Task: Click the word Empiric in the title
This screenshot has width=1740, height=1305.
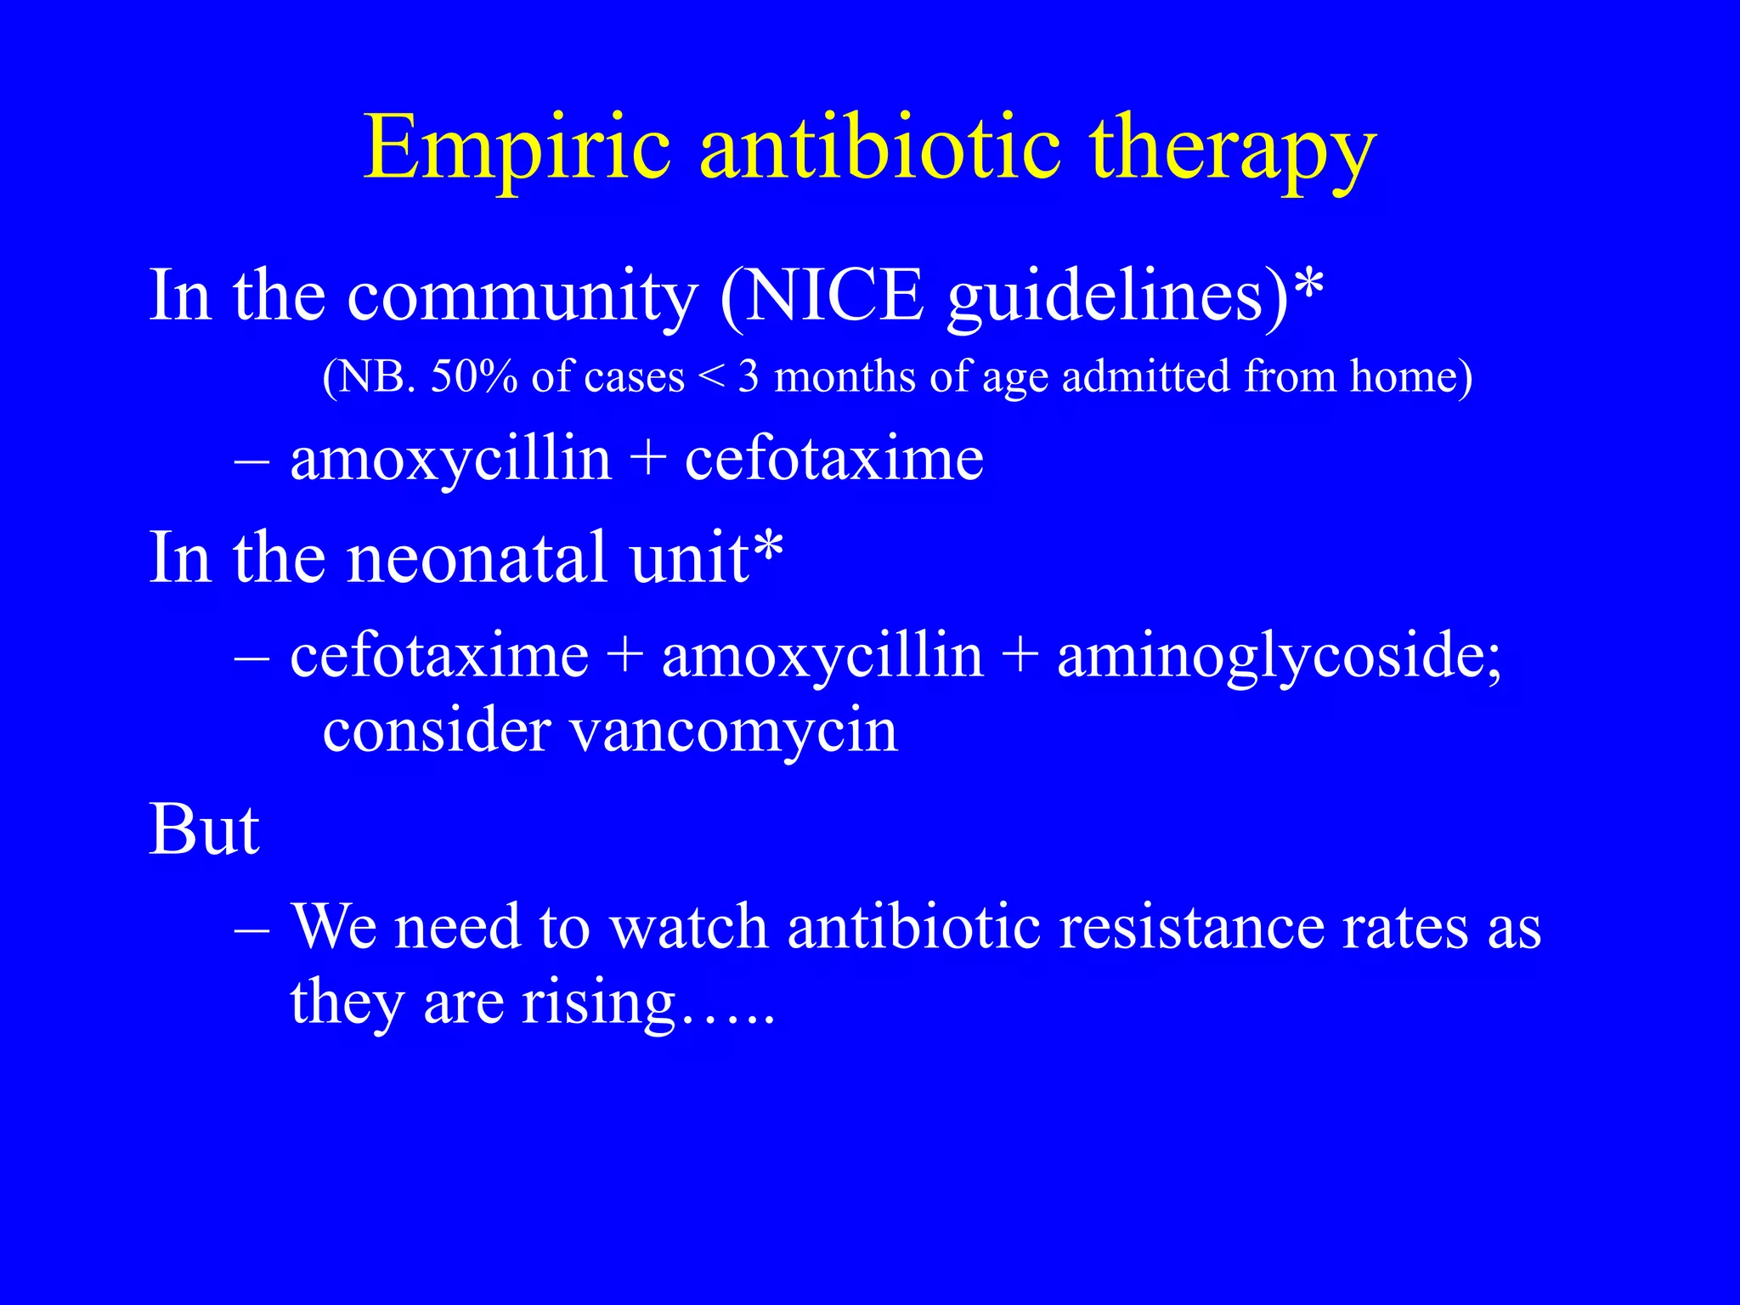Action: [517, 150]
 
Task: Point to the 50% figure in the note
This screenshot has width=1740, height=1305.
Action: [473, 376]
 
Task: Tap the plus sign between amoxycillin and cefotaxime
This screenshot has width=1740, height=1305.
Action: [648, 460]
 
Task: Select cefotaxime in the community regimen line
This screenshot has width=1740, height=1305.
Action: [834, 460]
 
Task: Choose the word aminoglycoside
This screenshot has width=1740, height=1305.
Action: [1279, 658]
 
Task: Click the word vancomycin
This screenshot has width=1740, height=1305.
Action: [732, 730]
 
